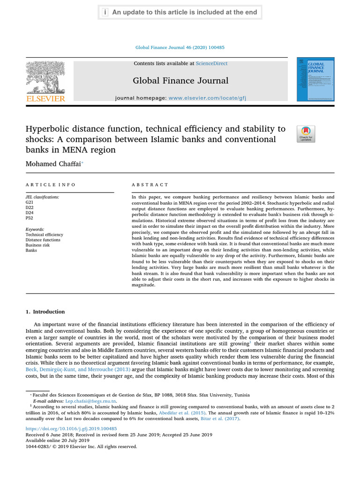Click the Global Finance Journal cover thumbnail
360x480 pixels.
[315, 79]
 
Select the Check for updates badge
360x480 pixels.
[306, 134]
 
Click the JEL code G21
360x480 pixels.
[30, 202]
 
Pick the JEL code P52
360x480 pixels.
[30, 218]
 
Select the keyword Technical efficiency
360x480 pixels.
[44, 234]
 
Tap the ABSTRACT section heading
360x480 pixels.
[150, 185]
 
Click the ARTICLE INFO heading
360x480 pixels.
[50, 185]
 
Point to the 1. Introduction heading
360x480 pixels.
[45, 312]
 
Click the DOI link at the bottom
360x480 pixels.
[71, 429]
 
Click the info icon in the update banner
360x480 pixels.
[105, 12]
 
